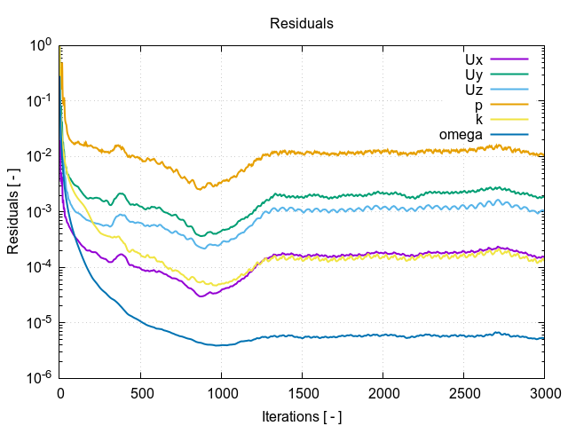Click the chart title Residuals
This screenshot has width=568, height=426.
coord(302,24)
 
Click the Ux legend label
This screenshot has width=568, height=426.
coord(473,59)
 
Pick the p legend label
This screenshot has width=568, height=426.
coord(478,105)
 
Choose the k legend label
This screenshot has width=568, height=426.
coord(478,120)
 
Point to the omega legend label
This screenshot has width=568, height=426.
coord(461,135)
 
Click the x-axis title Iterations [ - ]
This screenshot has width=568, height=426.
coord(302,416)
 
